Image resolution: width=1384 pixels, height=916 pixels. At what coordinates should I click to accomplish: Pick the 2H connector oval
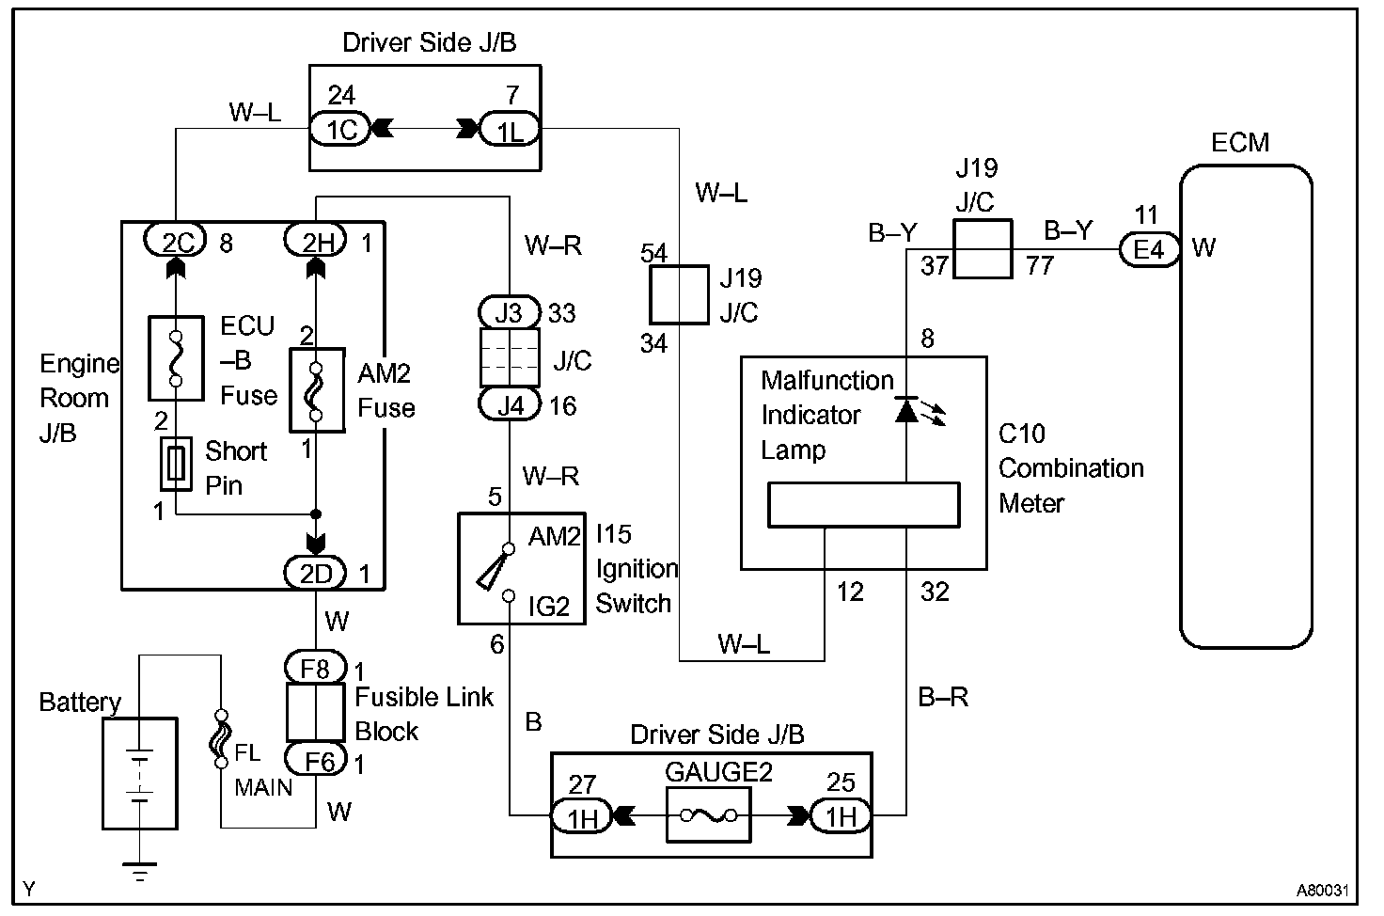316,242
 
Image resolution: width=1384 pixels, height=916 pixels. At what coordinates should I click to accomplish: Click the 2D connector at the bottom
316,572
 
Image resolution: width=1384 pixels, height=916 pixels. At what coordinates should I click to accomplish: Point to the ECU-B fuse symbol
176,358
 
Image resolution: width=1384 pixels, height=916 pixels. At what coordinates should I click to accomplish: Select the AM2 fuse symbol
317,390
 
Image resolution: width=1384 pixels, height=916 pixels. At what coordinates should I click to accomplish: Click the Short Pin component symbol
176,464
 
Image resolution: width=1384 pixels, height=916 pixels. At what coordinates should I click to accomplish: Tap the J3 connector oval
509,311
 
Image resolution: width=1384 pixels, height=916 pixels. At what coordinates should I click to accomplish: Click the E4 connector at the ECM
1148,249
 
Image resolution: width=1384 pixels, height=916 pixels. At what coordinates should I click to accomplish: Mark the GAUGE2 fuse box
708,813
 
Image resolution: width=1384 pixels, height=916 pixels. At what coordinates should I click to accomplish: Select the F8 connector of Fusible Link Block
316,669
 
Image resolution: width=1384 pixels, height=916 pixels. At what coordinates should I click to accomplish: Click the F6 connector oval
316,759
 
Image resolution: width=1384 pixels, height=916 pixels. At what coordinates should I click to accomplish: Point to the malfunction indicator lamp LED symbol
906,410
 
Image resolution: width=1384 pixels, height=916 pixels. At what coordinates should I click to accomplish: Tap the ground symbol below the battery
139,873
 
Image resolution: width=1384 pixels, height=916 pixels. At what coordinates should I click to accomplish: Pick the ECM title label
1239,143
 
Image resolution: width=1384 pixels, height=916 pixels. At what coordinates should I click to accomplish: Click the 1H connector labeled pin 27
582,815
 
